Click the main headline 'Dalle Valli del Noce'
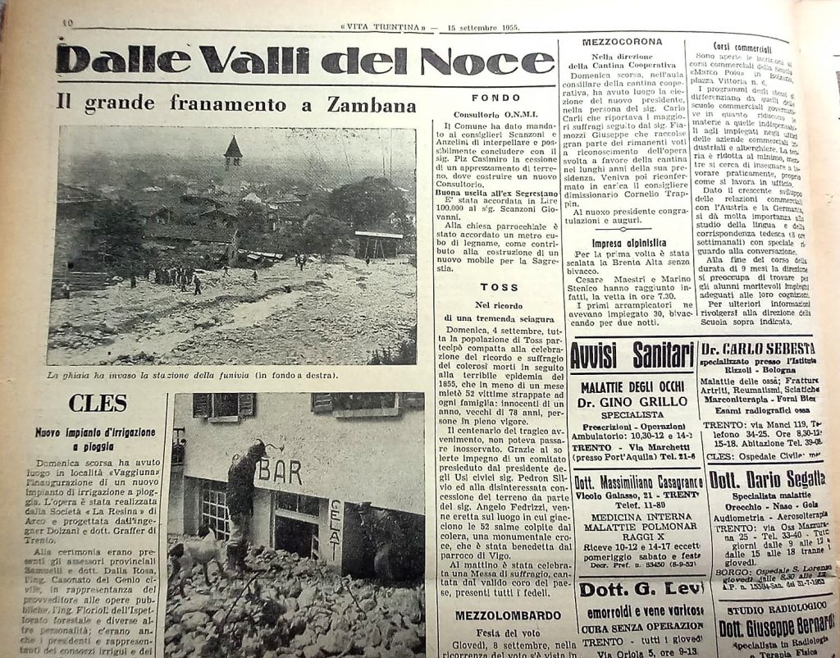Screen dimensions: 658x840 coord(304,59)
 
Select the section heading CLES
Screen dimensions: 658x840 coord(98,403)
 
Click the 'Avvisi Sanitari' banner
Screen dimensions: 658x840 coord(632,357)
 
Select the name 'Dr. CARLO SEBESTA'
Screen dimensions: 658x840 coord(758,348)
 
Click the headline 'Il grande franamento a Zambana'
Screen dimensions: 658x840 coord(236,103)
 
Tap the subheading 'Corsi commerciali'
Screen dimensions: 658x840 coord(743,48)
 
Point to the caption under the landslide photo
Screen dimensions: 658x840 coord(193,376)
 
